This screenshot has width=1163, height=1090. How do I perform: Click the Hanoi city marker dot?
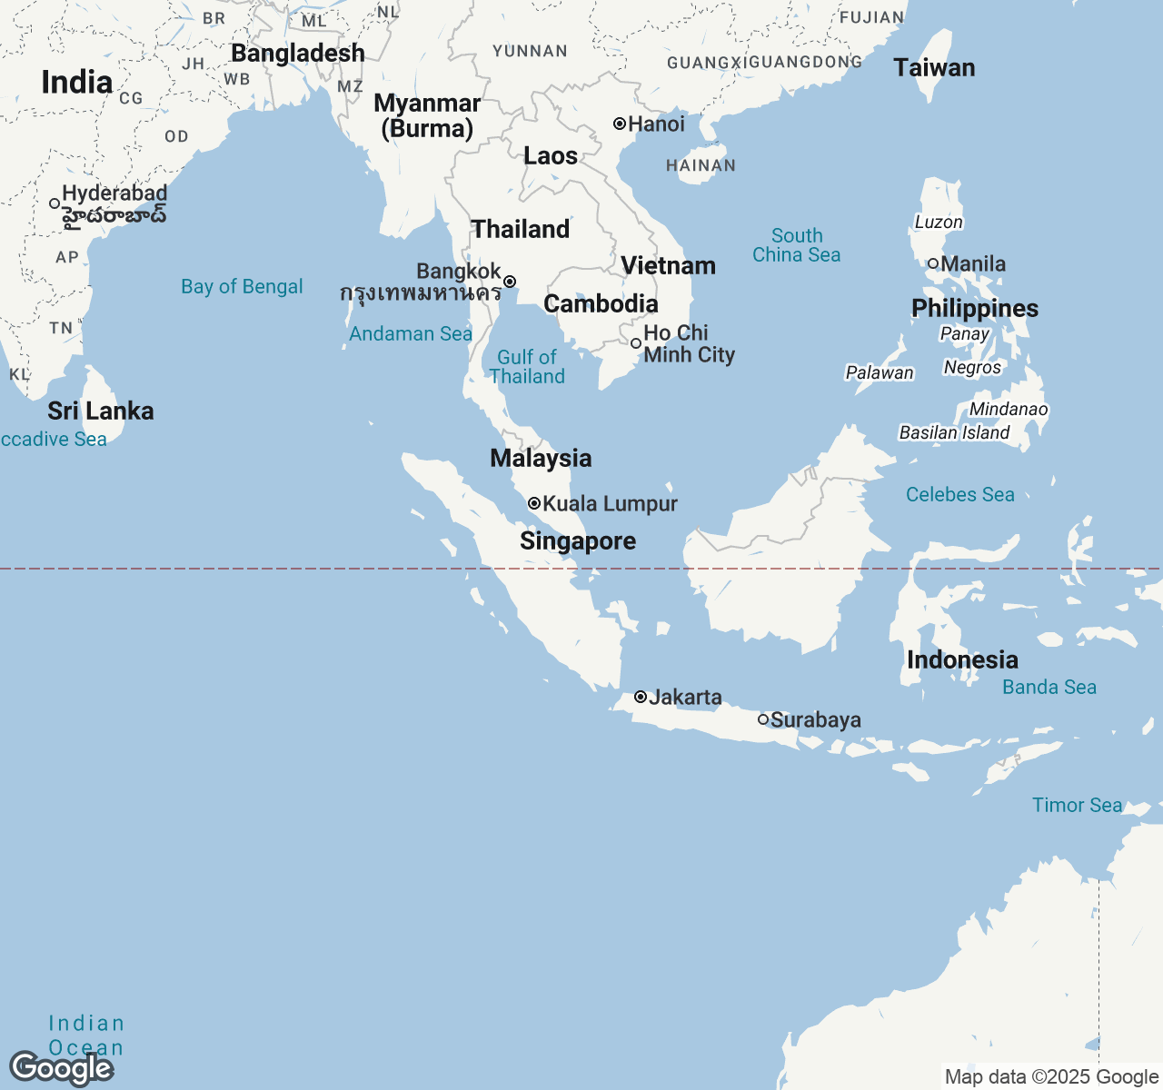click(620, 124)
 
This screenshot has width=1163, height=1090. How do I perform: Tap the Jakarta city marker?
click(641, 697)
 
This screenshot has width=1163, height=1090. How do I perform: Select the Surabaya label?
click(815, 720)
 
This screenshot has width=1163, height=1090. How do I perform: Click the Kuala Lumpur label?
click(610, 504)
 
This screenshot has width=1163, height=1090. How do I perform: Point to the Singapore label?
click(578, 541)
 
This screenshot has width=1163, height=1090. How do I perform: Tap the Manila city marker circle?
click(932, 263)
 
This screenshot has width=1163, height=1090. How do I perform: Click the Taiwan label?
click(934, 68)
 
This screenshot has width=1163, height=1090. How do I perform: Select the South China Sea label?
click(797, 245)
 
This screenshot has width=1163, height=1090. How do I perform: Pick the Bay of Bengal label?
click(242, 287)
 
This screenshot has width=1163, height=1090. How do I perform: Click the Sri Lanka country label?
click(101, 411)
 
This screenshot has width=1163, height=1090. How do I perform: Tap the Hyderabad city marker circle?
click(55, 203)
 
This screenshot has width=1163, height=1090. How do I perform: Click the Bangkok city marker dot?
click(510, 282)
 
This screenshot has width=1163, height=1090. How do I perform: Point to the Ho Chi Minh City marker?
click(636, 343)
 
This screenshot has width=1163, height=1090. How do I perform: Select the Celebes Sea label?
click(959, 495)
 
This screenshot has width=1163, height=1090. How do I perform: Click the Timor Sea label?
click(1077, 806)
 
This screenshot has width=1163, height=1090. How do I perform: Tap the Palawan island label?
click(880, 372)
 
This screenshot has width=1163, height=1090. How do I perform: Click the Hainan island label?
click(701, 166)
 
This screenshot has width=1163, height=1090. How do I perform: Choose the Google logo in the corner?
click(61, 1068)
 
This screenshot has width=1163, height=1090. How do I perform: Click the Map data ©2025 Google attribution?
click(1051, 1077)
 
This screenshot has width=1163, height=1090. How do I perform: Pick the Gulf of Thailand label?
click(527, 367)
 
